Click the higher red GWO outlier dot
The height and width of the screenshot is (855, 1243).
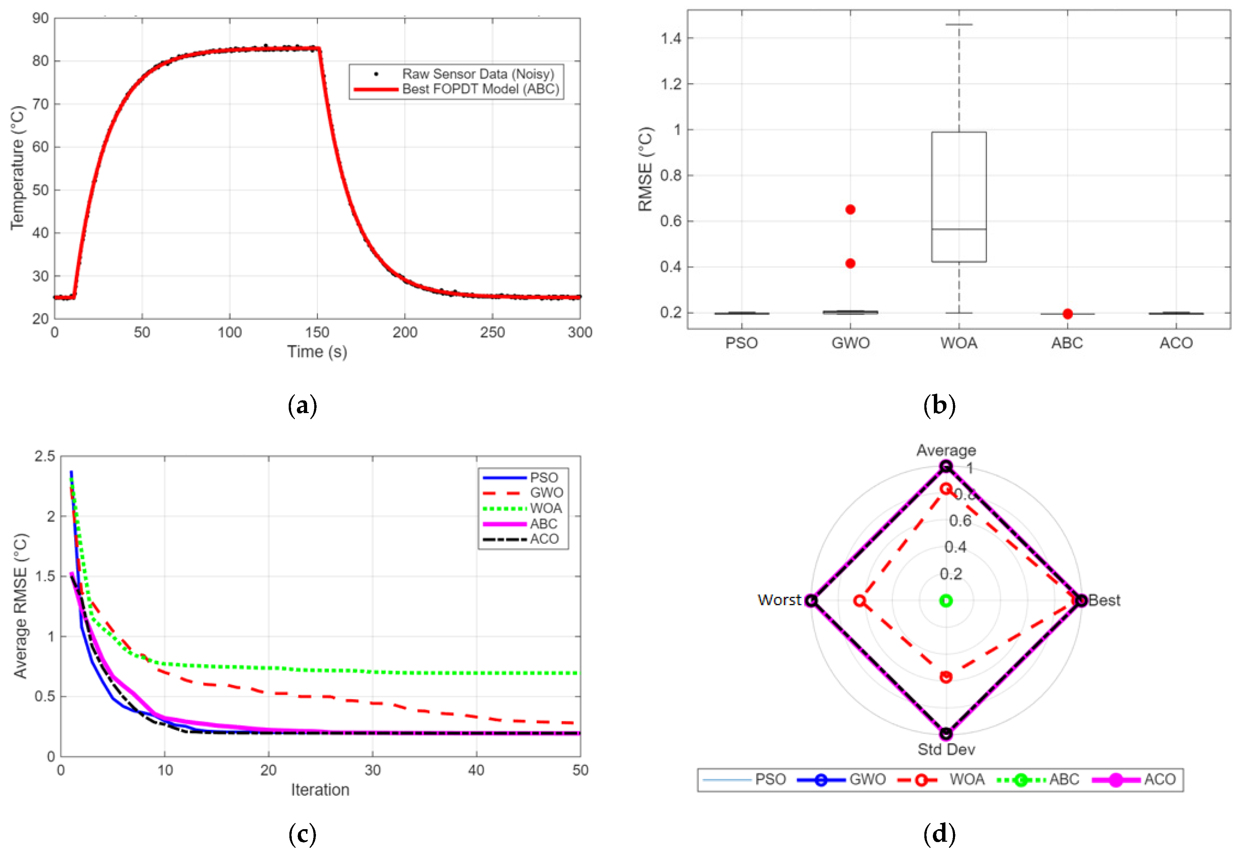tap(850, 210)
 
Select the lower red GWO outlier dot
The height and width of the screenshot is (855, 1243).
tap(850, 264)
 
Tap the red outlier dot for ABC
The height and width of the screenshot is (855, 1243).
tap(1067, 314)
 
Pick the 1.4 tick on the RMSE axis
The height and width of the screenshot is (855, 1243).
tap(671, 38)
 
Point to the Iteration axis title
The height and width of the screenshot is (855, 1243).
tap(320, 790)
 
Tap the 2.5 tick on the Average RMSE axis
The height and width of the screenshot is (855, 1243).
tap(45, 457)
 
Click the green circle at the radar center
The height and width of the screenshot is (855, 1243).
tap(946, 601)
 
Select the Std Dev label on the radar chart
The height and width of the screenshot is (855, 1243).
tap(946, 750)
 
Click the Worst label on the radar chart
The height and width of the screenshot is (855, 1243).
tap(779, 600)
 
